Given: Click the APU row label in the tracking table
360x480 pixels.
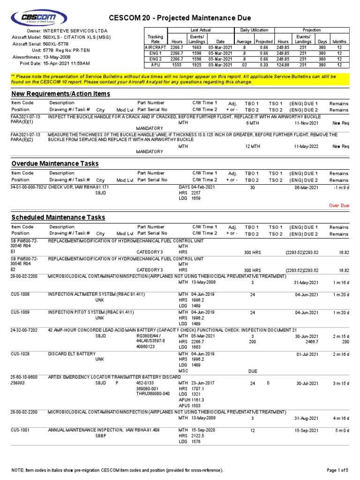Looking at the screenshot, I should coord(155,65).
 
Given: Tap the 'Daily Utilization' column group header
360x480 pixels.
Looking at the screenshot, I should coord(257,30).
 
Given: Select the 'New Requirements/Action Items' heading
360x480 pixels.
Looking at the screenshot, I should coord(61,94).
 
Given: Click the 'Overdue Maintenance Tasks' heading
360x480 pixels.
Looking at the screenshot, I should coord(55,164).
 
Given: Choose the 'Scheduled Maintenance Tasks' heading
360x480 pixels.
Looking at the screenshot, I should coord(58,217).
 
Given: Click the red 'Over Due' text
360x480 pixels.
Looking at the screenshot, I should coord(338,205).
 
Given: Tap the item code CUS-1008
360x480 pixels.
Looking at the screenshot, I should coord(20,294).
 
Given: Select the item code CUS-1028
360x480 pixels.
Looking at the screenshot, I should coord(20,353).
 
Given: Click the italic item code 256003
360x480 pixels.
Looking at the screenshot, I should coord(19,382).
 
